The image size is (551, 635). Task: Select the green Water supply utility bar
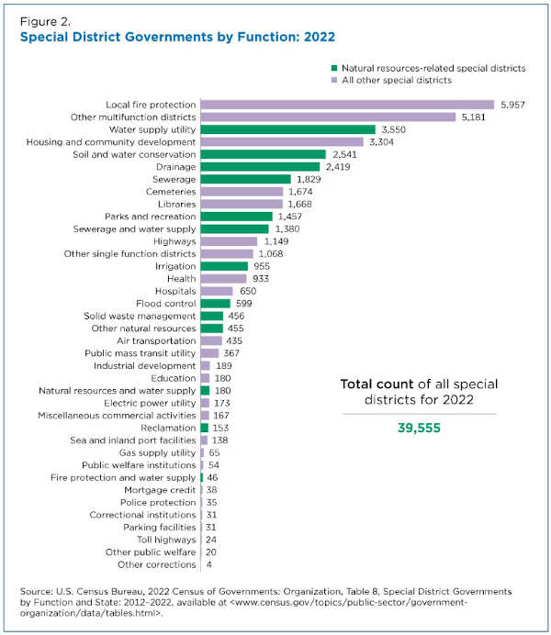287,129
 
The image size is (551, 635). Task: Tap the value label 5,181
477,117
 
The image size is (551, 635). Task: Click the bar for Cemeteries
242,192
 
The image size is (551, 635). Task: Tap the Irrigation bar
224,266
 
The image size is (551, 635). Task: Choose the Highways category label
173,241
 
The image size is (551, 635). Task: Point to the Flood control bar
215,303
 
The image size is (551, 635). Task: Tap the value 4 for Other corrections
209,564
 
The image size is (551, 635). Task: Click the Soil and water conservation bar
263,154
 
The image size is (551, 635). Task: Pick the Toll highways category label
164,540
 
